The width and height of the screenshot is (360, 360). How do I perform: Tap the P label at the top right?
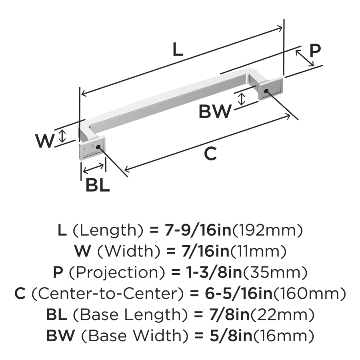coord(315,51)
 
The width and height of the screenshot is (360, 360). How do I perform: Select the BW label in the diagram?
coord(215,112)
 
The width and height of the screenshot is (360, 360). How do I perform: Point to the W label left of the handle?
coord(44,141)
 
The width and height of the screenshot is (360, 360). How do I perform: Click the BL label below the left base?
coord(98,185)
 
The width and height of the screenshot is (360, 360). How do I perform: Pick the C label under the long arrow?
coord(210,154)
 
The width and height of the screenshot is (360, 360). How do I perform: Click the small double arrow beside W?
coord(62,136)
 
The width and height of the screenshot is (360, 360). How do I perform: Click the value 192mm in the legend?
coord(267,230)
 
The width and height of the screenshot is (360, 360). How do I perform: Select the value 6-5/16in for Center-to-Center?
coord(232,294)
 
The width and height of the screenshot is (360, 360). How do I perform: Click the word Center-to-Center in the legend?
coord(107,294)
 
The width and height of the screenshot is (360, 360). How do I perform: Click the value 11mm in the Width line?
coord(258,252)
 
